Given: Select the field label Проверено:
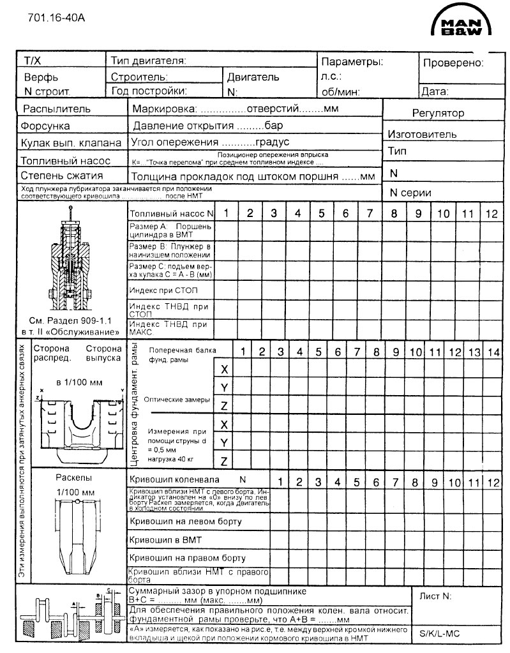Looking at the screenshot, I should pyautogui.click(x=453, y=63).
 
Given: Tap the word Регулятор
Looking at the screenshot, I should pyautogui.click(x=438, y=113).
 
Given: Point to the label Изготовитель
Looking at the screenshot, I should pyautogui.click(x=422, y=134).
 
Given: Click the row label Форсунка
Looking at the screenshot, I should pyautogui.click(x=45, y=126).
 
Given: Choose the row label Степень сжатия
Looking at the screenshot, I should pyautogui.click(x=62, y=176).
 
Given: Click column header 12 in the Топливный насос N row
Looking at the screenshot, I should pyautogui.click(x=491, y=214).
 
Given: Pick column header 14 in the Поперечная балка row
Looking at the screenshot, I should pyautogui.click(x=493, y=351).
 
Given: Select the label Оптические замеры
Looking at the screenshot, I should pyautogui.click(x=176, y=399).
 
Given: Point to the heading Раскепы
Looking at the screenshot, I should pyautogui.click(x=74, y=478).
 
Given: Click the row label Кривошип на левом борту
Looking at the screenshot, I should pyautogui.click(x=185, y=522).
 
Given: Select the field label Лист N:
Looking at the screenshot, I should pyautogui.click(x=435, y=596).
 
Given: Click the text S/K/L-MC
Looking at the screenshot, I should pyautogui.click(x=440, y=634).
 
